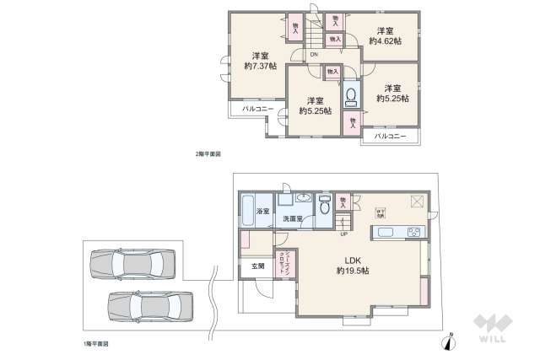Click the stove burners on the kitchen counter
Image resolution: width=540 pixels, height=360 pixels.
click(415, 232)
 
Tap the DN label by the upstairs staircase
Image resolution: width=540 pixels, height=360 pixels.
click(314, 56)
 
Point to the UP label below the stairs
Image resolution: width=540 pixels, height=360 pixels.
click(344, 235)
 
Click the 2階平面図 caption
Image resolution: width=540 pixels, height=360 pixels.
click(207, 154)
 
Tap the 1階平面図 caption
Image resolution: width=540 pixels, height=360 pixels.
click(95, 343)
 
